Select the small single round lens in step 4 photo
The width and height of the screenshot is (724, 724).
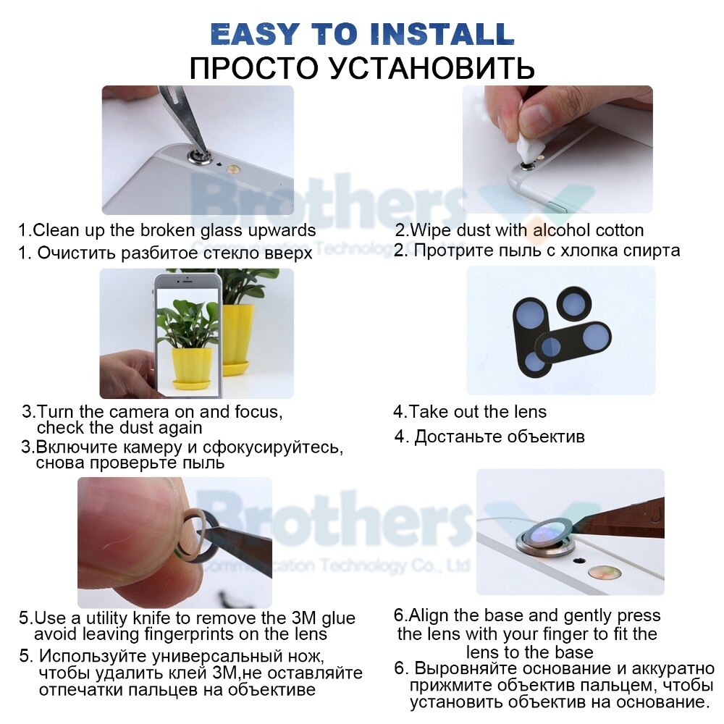point(574,303)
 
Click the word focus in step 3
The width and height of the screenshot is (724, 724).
point(258,411)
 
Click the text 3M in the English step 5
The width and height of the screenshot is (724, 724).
point(304,618)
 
